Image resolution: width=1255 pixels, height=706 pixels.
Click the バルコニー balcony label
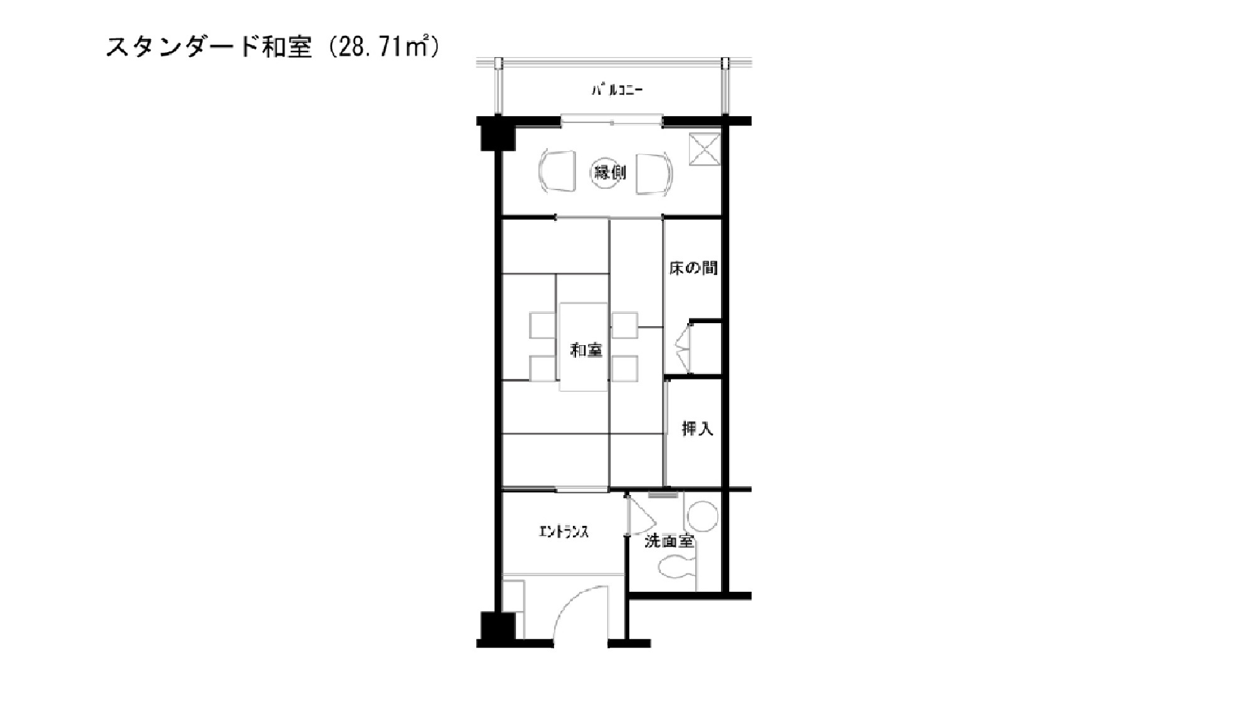click(x=617, y=90)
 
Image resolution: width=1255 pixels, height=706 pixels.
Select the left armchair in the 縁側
click(x=557, y=171)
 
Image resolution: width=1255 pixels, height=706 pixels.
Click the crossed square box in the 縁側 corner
click(x=703, y=149)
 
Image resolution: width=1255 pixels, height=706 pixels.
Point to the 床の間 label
click(x=693, y=269)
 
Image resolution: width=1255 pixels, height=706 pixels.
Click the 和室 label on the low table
click(x=586, y=350)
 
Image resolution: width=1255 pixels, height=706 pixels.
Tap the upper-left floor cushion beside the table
click(x=543, y=325)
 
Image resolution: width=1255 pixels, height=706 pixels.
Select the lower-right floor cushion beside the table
click(x=624, y=369)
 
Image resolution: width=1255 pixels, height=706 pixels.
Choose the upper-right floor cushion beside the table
click(x=624, y=325)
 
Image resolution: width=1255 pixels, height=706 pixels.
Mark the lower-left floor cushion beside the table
click(x=543, y=369)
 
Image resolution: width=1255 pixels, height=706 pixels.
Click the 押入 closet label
click(x=697, y=429)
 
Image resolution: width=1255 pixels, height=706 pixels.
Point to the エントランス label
click(x=564, y=532)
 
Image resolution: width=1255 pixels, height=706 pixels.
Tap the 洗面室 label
click(x=669, y=541)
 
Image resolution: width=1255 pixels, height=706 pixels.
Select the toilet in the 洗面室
click(x=677, y=569)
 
